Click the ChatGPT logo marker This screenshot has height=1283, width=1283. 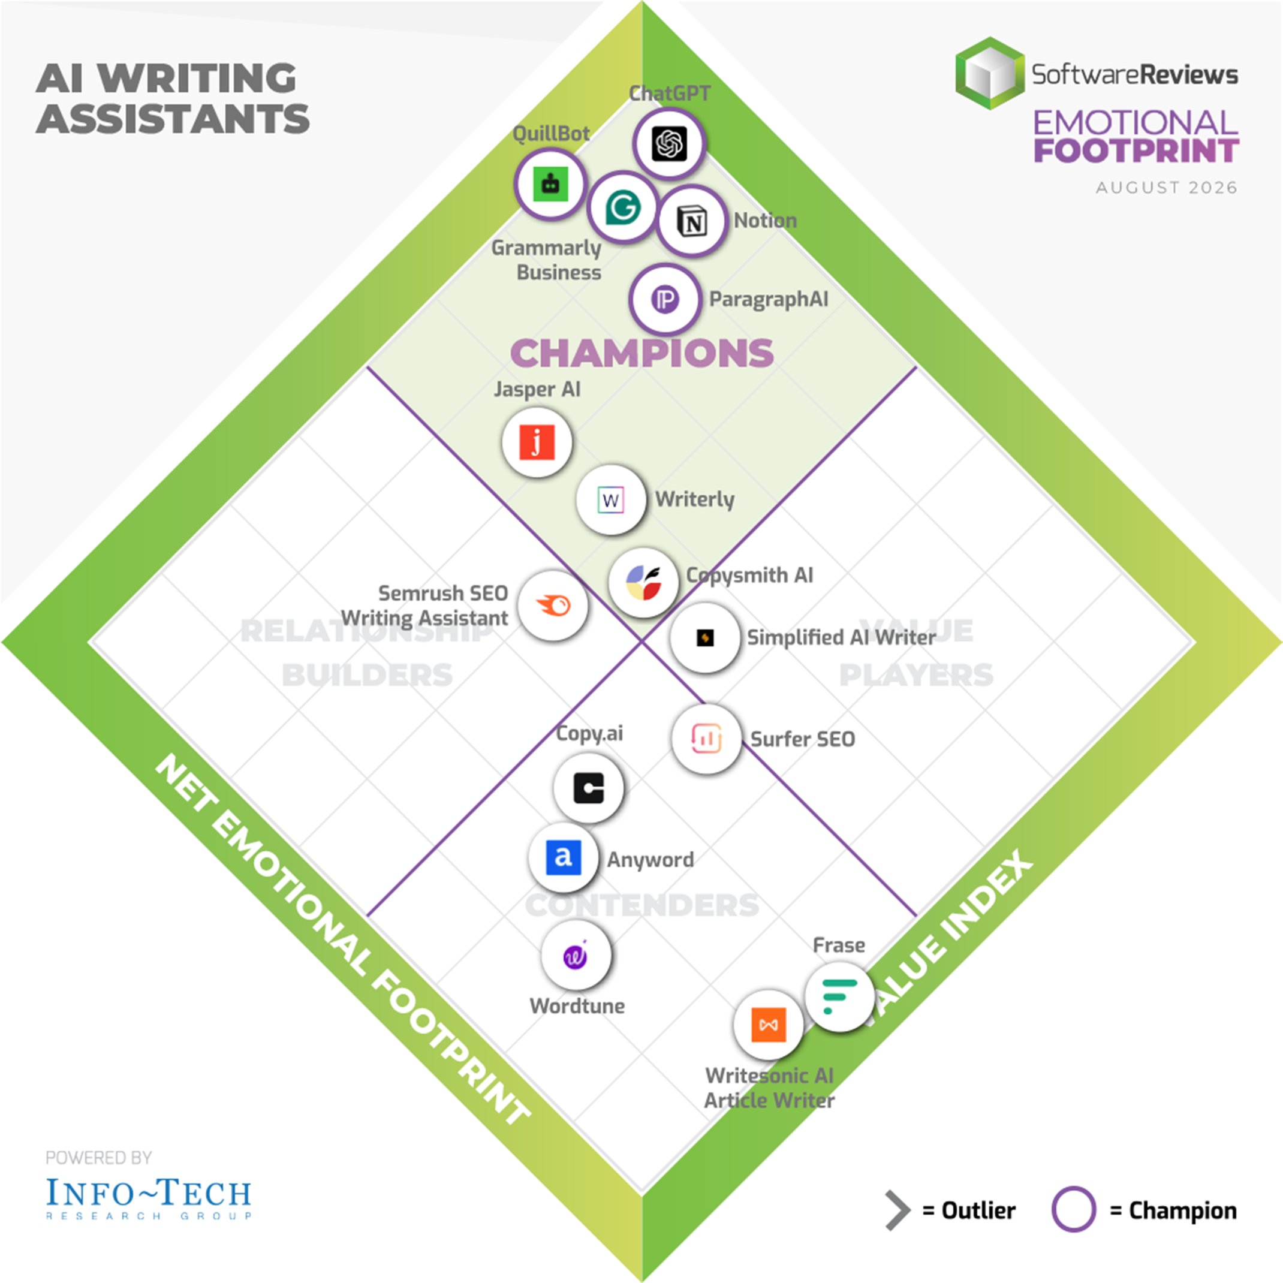[668, 143]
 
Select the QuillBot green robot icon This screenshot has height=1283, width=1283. [550, 184]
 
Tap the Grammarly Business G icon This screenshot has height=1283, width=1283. [623, 207]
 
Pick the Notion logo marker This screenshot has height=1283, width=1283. [692, 221]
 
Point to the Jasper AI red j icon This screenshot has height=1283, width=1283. [537, 442]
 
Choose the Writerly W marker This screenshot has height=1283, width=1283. [611, 499]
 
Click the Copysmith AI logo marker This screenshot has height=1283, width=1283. [643, 582]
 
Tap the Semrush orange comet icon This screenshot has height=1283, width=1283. [553, 605]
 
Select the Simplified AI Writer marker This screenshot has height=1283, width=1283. [704, 637]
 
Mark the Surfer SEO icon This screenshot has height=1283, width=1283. [706, 739]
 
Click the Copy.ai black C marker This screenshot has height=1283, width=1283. [588, 788]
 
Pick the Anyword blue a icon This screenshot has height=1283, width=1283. [564, 857]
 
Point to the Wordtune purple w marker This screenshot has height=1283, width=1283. [576, 956]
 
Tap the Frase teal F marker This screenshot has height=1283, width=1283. [839, 996]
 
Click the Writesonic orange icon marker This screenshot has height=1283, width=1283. [769, 1025]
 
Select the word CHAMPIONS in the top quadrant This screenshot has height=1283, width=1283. [642, 353]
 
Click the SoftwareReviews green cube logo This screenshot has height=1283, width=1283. [989, 73]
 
